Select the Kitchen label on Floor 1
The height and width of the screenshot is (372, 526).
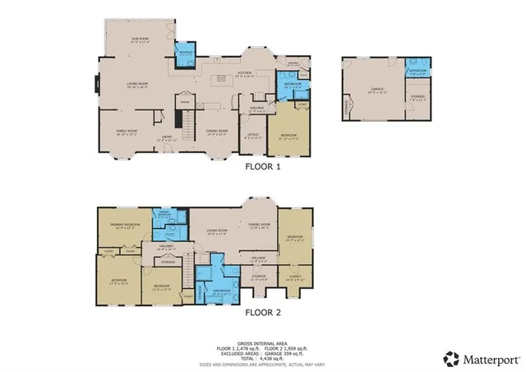[244, 73]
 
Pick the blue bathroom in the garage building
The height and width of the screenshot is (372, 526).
[417, 71]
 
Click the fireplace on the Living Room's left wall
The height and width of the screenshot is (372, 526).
[97, 84]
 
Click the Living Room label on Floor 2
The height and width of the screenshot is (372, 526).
[216, 233]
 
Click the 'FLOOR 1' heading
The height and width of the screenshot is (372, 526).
[264, 165]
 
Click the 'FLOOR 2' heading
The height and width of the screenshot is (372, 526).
[264, 313]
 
